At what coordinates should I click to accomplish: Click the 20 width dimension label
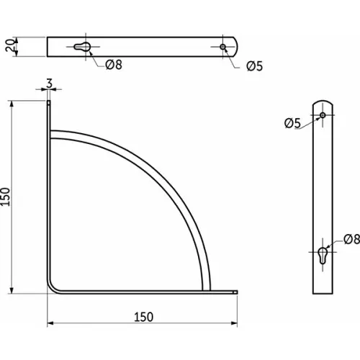click(9, 45)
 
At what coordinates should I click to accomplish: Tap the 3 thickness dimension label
click(49, 84)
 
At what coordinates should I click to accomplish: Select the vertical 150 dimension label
click(5, 197)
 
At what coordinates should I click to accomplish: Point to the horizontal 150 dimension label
click(143, 317)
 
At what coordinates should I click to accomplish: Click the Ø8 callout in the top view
click(114, 65)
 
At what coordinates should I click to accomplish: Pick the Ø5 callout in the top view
click(254, 66)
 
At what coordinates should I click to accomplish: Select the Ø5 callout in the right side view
click(292, 123)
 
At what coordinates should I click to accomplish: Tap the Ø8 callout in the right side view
click(352, 239)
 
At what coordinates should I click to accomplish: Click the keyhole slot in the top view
click(82, 47)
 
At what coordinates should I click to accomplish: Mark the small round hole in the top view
click(223, 47)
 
